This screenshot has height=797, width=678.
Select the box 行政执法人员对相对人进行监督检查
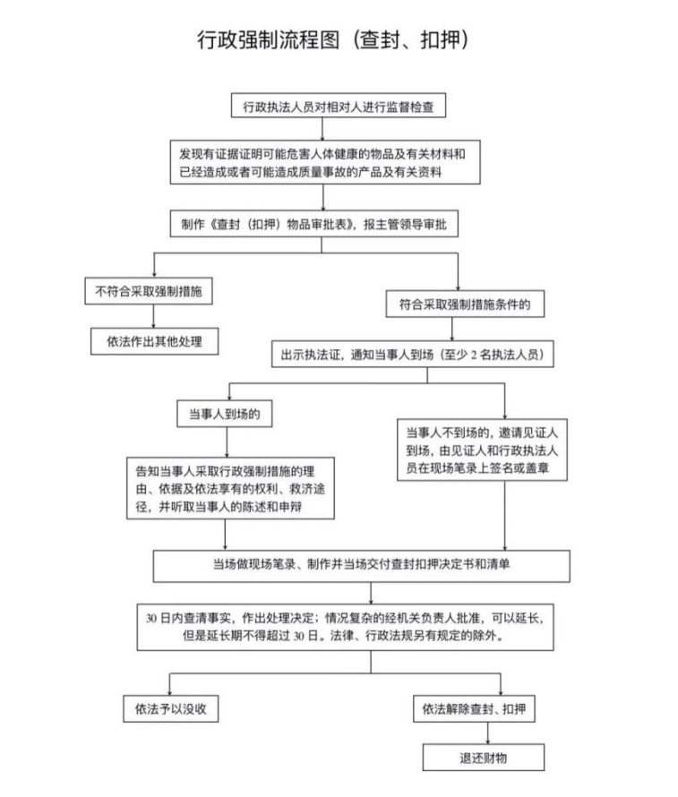[339, 105]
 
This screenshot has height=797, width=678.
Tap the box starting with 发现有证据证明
[325, 162]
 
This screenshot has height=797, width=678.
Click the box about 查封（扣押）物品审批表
[314, 224]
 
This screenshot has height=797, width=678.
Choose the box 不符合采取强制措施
[149, 291]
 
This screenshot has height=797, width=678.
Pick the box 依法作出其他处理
[155, 341]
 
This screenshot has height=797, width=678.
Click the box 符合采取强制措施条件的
[465, 304]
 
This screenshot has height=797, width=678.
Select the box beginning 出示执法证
[413, 354]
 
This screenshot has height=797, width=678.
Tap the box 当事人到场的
[225, 414]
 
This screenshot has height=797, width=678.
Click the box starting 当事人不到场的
[482, 450]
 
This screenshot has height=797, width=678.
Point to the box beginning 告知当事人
[230, 488]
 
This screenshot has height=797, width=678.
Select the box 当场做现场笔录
[361, 566]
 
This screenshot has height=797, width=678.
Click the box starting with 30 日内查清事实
[345, 627]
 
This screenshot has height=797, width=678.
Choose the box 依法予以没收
[171, 708]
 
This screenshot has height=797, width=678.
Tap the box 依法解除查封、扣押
[474, 708]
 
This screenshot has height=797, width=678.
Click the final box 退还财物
[484, 758]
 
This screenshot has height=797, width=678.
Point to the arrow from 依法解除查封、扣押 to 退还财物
[488, 733]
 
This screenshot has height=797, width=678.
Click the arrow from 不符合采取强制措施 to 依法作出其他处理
[153, 316]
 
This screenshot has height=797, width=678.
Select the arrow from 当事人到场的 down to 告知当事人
[227, 442]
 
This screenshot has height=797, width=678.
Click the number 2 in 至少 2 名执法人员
[474, 355]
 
